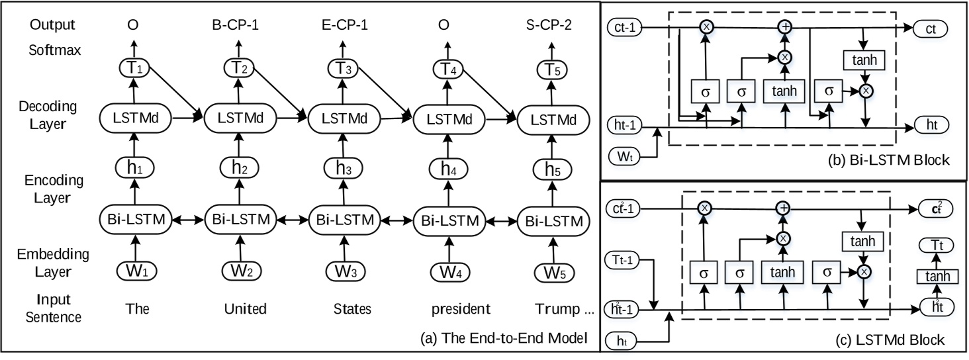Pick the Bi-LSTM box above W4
coord(447,218)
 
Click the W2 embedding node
coord(238,271)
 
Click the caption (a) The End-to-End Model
coord(504,339)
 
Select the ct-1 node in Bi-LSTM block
coord(625,28)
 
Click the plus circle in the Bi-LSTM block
coord(784,28)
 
